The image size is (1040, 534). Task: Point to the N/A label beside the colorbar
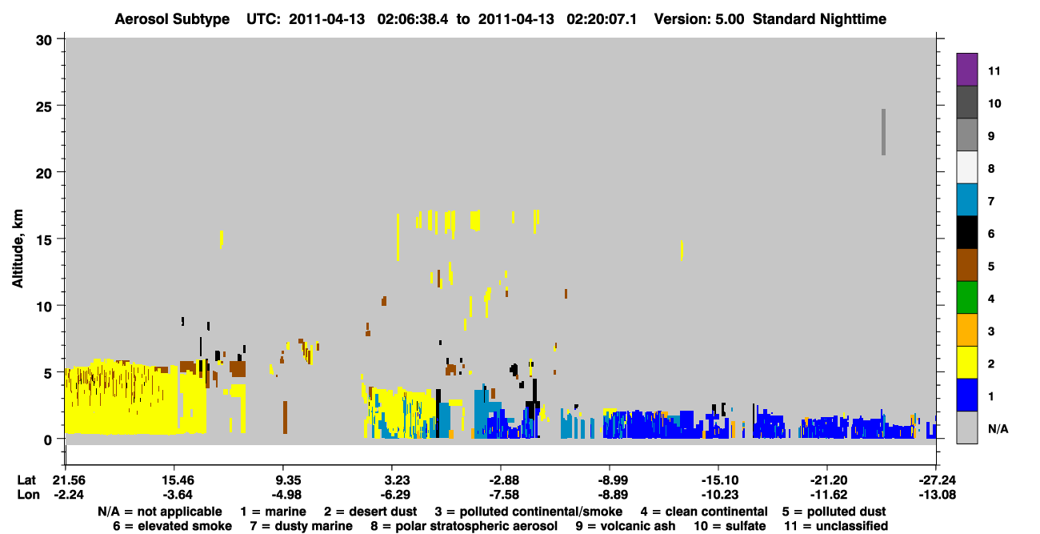[998, 428]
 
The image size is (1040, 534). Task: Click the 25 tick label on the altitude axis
[44, 107]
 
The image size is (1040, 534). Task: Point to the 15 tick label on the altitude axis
[44, 240]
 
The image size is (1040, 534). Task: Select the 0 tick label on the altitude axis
[48, 440]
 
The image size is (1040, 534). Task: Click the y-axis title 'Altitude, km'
[18, 249]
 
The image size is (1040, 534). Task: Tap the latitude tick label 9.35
[289, 480]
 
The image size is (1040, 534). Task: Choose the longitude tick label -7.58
[504, 495]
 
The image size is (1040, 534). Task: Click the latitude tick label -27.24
[937, 480]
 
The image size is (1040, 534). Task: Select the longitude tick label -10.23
[720, 495]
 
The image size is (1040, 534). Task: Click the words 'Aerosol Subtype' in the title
[172, 19]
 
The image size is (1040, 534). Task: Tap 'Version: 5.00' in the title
[699, 19]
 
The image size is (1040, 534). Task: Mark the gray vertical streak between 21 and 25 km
[883, 132]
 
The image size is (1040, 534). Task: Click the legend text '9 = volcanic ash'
[626, 526]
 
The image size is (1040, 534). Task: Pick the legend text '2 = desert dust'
[370, 512]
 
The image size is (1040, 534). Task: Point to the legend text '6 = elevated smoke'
[172, 526]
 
